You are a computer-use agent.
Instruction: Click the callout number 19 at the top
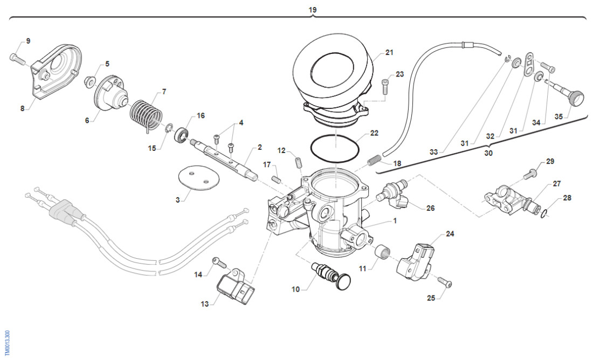coord(313,10)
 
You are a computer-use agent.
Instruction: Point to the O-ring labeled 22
coord(335,147)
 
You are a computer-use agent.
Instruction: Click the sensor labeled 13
coord(236,287)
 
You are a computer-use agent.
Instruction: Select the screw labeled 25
coord(445,282)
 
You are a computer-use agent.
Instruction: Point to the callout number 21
coord(389,53)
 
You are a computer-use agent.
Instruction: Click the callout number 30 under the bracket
coord(488,153)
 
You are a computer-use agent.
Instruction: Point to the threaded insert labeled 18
coord(374,160)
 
